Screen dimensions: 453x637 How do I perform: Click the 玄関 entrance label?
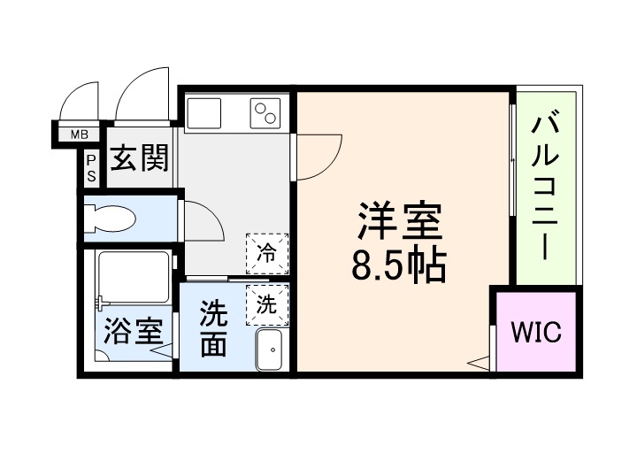[139, 159]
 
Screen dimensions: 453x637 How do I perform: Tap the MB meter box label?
[80, 135]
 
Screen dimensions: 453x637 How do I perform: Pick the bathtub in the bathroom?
[133, 278]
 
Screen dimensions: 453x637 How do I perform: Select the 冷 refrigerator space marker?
[266, 251]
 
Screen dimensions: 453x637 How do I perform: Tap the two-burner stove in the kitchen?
[265, 112]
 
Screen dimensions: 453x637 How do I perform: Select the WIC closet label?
[536, 333]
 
